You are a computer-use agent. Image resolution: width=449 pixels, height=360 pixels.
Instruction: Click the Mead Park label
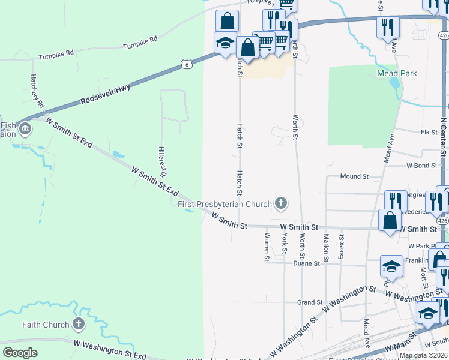(397, 73)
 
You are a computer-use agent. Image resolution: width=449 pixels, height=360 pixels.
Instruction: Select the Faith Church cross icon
(78, 325)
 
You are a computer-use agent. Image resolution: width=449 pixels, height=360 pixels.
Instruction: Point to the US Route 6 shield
(187, 64)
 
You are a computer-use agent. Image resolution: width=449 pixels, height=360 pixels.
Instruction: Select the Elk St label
(429, 132)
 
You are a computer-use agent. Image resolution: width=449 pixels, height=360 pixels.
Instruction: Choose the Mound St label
(354, 176)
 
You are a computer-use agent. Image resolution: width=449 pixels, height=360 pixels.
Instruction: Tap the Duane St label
(305, 263)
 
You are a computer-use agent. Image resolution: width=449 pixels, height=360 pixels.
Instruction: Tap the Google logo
(20, 353)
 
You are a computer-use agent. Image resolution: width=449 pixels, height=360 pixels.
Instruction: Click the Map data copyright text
(423, 355)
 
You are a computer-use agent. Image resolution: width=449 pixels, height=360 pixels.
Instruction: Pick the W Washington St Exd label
(109, 348)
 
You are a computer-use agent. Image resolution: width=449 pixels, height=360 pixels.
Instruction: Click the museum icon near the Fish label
(26, 128)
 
